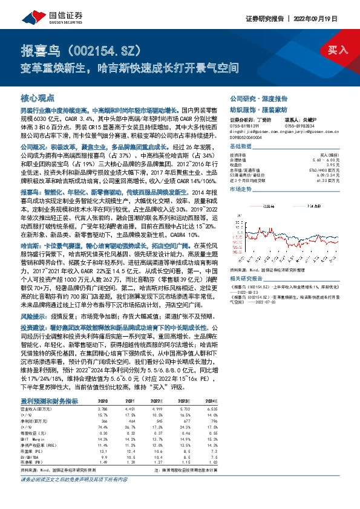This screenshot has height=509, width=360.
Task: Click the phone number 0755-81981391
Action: click(x=245, y=124)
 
